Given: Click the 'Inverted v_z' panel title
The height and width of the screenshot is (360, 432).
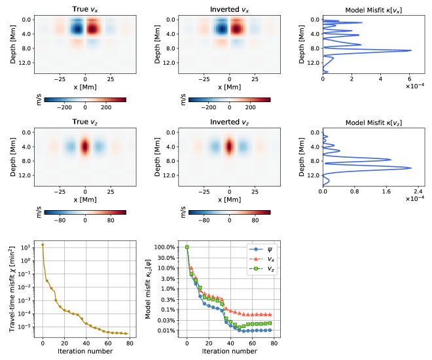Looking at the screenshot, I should point(229,122).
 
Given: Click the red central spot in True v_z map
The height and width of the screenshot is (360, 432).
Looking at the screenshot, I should point(85,146).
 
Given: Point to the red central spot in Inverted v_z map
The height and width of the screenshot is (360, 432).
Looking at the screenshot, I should point(229,146).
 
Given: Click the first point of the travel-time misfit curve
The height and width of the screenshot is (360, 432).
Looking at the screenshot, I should point(43,245).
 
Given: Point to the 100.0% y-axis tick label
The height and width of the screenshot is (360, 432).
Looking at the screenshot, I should point(167,247).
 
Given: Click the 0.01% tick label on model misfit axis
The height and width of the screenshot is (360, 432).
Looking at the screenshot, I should point(167,331).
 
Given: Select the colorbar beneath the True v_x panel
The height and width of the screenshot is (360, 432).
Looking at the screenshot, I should point(85,99).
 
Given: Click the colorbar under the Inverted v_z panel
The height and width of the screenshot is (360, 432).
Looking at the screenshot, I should point(229,212).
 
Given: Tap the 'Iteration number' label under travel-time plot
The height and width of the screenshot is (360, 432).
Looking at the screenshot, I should point(85,351).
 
